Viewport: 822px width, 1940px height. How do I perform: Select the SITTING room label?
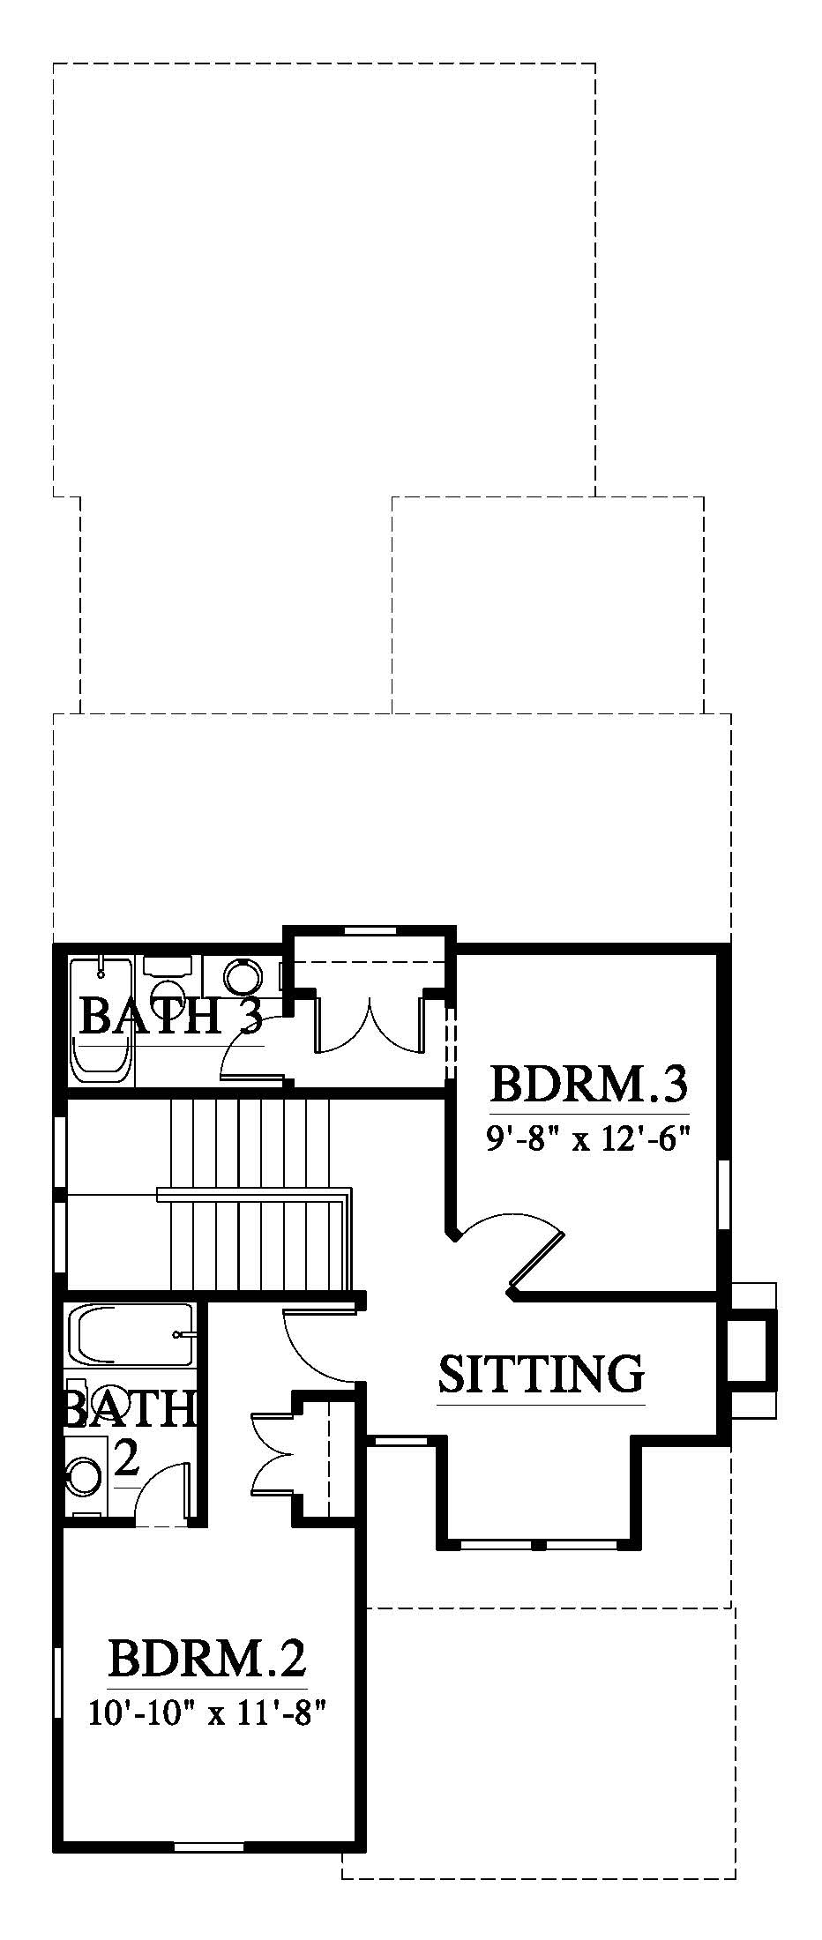coord(542,1373)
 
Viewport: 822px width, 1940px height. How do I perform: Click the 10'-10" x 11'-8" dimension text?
coord(207,1712)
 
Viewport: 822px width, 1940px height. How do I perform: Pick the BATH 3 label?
coord(171,1016)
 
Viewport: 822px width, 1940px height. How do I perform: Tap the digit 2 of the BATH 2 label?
coord(126,1459)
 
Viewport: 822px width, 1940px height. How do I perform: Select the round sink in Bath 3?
coord(243,976)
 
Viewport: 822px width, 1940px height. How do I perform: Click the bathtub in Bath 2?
coord(129,1337)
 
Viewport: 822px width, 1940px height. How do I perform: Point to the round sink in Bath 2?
coord(85,1474)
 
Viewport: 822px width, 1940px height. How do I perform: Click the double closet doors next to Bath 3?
coord(370,1023)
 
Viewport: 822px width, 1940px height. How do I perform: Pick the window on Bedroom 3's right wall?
coord(724,1194)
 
